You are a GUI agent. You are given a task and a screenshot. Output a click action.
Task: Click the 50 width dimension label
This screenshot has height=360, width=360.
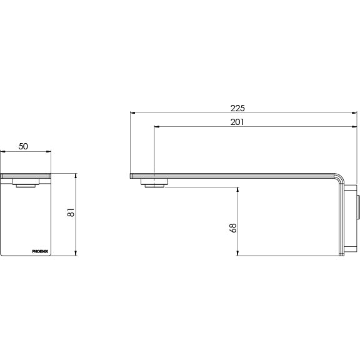(x=23, y=146)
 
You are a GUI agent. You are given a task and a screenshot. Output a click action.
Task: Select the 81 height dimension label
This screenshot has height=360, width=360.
(x=71, y=214)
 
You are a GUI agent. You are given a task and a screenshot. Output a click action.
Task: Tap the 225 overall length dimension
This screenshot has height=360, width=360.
(x=238, y=107)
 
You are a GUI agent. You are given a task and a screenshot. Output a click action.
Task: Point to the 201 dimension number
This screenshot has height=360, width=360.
(x=238, y=122)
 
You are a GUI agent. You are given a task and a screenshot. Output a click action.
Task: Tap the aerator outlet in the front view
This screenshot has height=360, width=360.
(x=26, y=184)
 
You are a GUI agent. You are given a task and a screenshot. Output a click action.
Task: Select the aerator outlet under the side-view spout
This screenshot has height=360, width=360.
(x=154, y=183)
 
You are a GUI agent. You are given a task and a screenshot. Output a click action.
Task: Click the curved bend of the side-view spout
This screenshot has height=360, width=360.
(x=339, y=180)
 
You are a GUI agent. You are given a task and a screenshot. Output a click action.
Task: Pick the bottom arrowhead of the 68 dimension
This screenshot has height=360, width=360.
(x=238, y=253)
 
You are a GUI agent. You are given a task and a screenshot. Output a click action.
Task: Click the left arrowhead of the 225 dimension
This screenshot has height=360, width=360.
(x=131, y=112)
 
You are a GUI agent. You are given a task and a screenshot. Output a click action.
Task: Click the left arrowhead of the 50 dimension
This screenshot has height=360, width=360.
(x=3, y=152)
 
